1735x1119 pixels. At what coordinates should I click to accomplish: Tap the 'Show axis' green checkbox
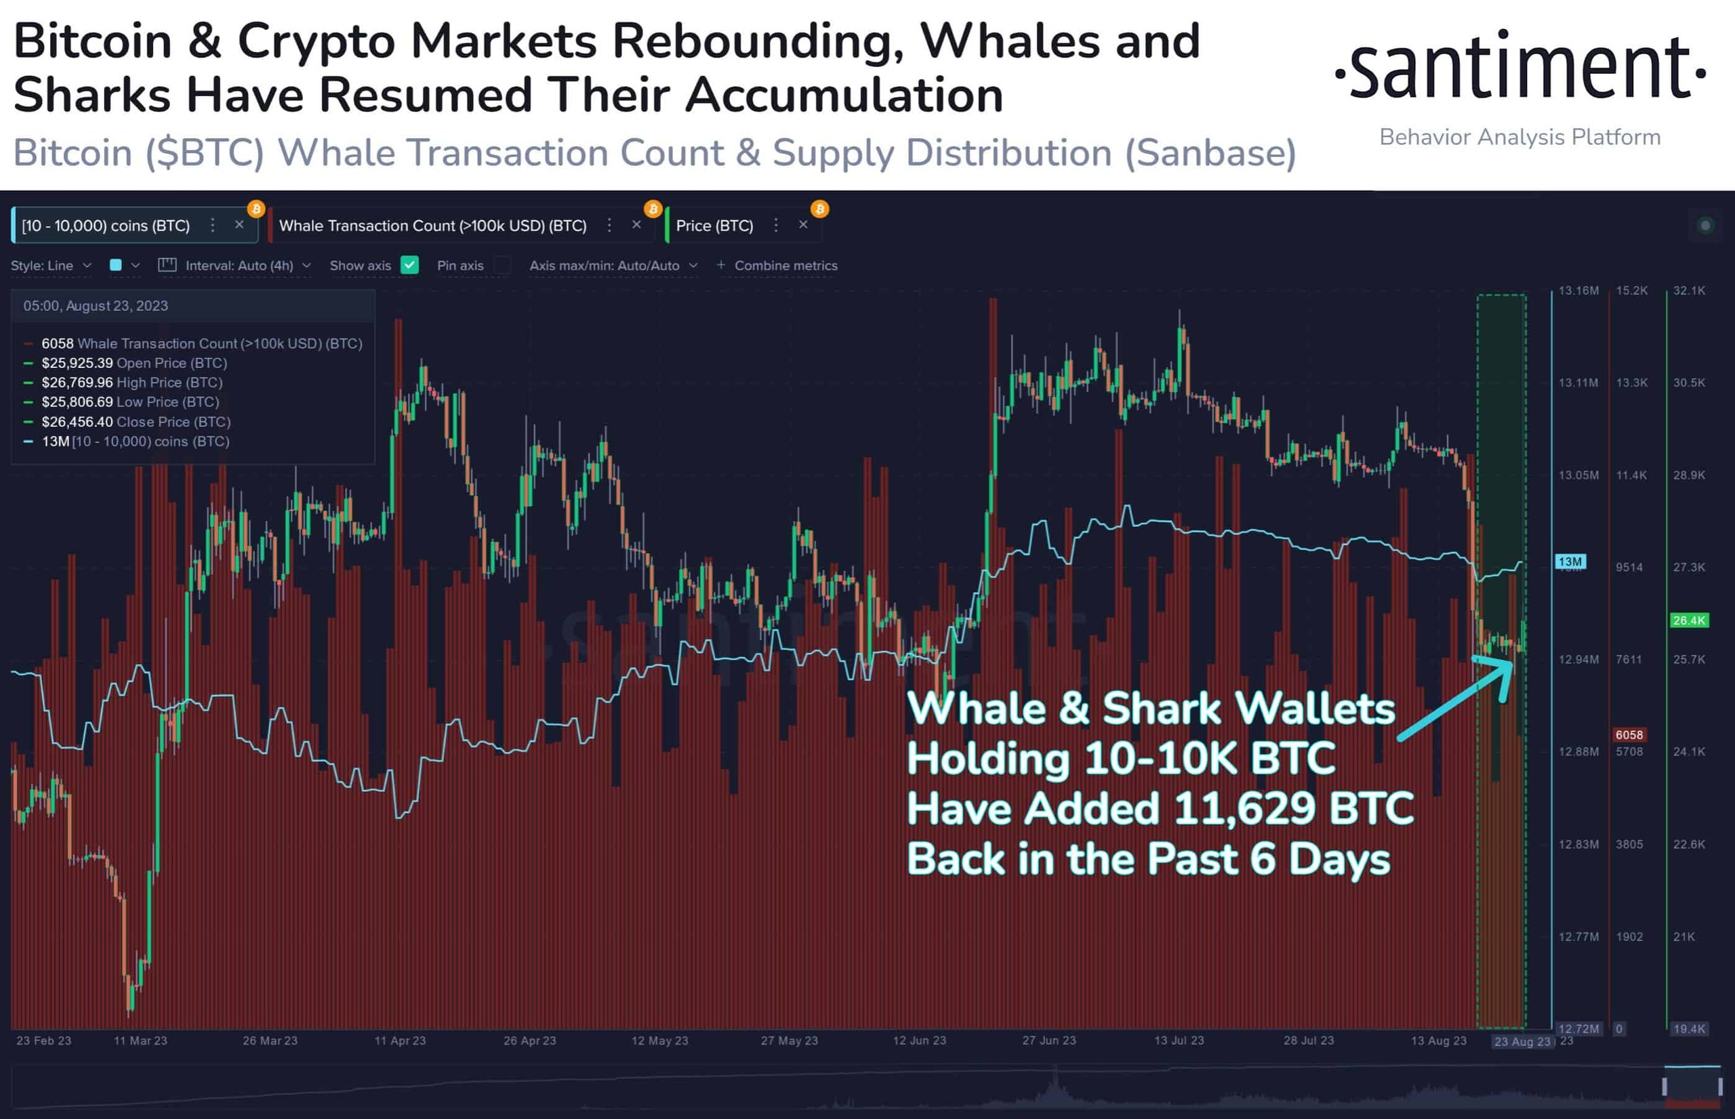410,266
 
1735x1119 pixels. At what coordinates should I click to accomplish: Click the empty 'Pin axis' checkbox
502,266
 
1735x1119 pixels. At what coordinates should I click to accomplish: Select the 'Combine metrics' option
785,266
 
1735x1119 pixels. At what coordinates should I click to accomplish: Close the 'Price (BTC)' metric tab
803,226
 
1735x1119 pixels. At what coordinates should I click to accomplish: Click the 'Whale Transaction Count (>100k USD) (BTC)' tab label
432,226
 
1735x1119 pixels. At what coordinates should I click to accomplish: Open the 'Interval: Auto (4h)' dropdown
239,266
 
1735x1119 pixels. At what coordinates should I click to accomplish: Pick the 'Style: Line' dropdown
51,266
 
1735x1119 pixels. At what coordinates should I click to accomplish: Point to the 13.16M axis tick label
1578,291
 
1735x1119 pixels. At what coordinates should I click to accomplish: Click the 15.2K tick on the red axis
1632,291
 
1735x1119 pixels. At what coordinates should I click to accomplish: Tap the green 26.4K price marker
1688,620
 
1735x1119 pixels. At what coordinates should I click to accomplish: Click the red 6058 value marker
1629,735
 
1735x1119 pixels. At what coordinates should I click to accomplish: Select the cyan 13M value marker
1570,561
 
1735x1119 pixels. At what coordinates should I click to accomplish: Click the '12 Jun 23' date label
920,1040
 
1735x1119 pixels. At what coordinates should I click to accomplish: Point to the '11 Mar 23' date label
140,1040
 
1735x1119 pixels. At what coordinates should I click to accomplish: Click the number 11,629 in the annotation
1244,808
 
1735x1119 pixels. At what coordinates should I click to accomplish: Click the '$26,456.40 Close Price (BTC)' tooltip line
136,421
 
